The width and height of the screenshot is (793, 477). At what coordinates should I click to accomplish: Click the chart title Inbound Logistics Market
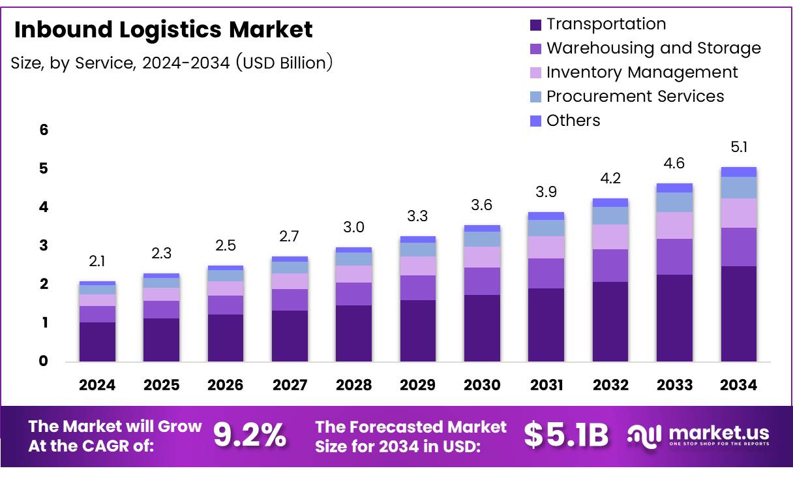click(163, 29)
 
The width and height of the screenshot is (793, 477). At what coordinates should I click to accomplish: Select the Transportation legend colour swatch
click(535, 25)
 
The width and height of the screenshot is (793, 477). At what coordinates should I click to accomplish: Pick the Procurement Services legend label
click(635, 97)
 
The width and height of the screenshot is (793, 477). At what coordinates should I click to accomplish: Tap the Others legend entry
click(573, 121)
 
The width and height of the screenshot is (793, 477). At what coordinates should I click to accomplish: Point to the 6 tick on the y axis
click(44, 130)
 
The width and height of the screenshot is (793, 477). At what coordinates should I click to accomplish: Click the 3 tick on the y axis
click(44, 245)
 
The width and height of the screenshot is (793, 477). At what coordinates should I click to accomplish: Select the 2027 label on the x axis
click(290, 385)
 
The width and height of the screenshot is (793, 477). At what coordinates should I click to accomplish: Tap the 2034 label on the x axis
click(738, 385)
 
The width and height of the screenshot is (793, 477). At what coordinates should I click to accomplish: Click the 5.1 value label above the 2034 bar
click(738, 147)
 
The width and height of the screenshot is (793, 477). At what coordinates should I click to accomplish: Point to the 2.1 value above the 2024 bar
click(97, 262)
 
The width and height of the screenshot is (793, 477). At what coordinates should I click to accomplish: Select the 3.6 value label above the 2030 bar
click(482, 206)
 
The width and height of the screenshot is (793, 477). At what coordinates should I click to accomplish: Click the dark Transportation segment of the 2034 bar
click(738, 313)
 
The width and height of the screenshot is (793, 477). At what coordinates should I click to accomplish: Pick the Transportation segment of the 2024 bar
click(97, 341)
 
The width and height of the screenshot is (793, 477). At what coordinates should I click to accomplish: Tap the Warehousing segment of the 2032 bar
click(610, 265)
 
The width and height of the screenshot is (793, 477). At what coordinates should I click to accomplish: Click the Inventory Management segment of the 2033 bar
click(674, 225)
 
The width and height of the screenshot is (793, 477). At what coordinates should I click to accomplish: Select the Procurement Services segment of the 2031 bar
click(546, 228)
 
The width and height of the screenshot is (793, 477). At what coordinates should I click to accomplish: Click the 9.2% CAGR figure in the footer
click(250, 436)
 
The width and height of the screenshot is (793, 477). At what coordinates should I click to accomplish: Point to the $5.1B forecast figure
click(566, 436)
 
